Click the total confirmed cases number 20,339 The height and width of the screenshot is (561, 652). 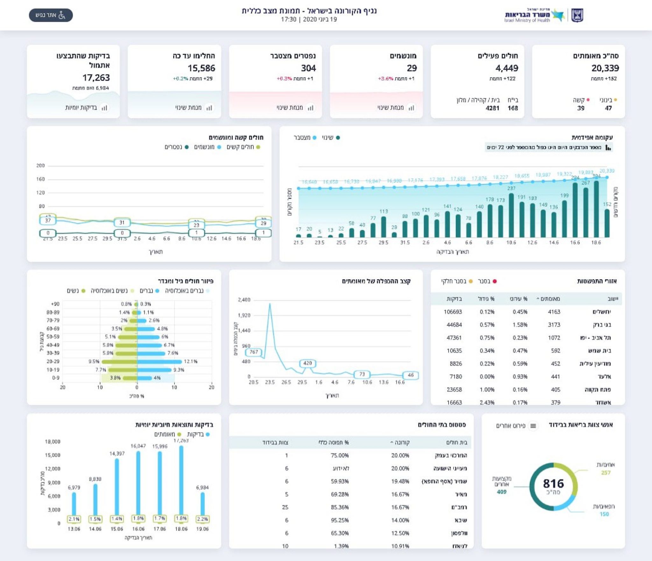[x=605, y=68]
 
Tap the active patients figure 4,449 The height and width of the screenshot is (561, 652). [x=507, y=68]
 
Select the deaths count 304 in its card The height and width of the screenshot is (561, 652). [x=308, y=68]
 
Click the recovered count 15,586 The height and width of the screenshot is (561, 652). [x=201, y=68]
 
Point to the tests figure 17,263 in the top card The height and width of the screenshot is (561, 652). [x=96, y=78]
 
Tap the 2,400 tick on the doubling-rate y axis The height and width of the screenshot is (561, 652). [x=244, y=300]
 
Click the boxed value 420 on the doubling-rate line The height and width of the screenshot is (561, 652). [x=308, y=363]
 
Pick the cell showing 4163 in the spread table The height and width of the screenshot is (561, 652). [x=554, y=312]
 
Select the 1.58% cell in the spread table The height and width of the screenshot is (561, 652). [x=520, y=325]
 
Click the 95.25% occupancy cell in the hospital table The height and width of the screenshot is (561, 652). [x=340, y=520]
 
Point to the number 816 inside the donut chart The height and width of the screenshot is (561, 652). [x=553, y=483]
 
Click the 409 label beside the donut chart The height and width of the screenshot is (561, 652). [x=501, y=492]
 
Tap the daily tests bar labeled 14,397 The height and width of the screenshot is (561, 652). [x=117, y=487]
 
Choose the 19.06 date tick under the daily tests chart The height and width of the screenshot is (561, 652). [x=202, y=529]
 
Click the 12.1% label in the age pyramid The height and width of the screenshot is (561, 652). [x=191, y=362]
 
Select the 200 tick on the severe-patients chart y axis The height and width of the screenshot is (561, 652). [x=40, y=166]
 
